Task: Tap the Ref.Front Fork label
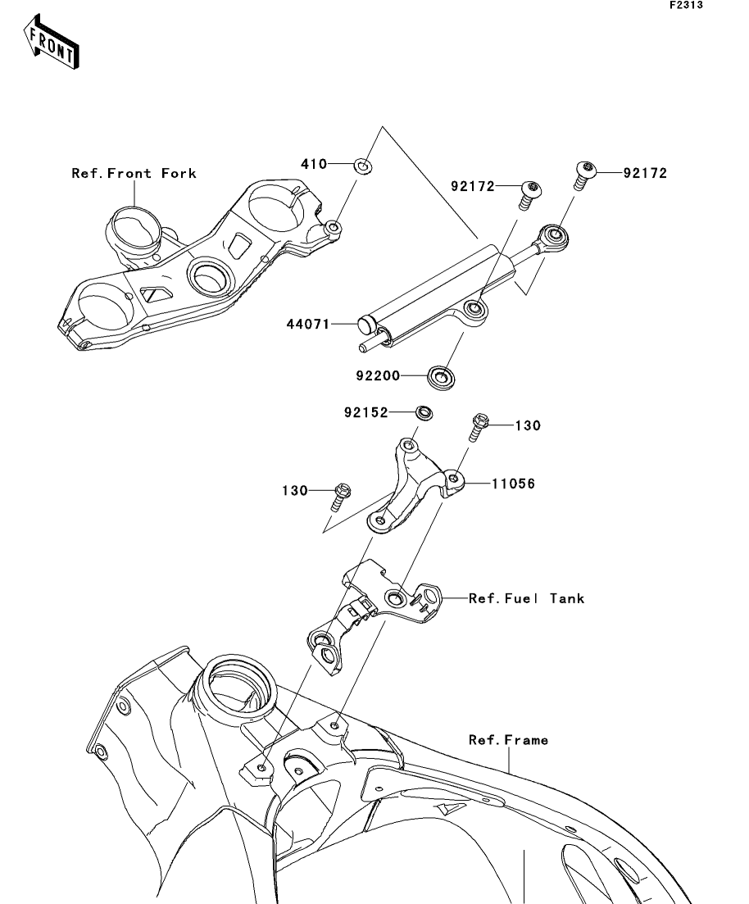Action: point(134,173)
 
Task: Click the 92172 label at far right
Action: point(645,173)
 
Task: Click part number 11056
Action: point(513,484)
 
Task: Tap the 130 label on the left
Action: point(296,491)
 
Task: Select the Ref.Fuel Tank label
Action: point(526,598)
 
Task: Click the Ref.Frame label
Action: point(508,740)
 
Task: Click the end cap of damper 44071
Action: point(366,325)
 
